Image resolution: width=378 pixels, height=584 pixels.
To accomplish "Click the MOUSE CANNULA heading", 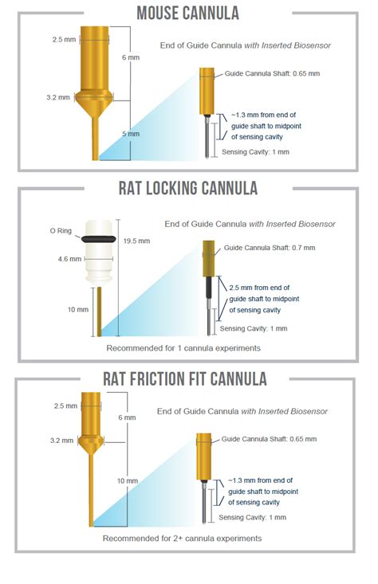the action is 188,13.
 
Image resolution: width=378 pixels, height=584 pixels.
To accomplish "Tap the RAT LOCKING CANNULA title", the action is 188,188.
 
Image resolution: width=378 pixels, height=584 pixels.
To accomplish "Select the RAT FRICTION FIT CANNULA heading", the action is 185,378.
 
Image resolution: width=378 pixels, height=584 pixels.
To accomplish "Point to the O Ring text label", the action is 61,231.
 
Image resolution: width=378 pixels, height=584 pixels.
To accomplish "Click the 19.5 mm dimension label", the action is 136,241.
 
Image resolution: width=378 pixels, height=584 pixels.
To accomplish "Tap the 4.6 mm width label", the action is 69,259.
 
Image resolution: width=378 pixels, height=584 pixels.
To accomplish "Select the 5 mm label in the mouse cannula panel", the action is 131,134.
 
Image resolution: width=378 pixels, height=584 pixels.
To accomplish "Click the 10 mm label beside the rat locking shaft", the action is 78,309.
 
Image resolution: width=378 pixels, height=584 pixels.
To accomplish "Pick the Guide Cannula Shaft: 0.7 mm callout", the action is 270,248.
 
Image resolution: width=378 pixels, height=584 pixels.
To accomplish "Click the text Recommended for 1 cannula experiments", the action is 183,348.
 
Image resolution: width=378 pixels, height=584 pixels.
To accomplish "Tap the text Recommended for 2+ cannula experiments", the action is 183,539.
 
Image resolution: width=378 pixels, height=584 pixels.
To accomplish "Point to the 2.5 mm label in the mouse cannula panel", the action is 64,40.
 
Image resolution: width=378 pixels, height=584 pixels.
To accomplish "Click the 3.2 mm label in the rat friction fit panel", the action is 62,441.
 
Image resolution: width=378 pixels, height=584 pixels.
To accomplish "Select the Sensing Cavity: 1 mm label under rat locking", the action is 254,328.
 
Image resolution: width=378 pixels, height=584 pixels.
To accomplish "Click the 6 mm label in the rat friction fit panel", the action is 127,417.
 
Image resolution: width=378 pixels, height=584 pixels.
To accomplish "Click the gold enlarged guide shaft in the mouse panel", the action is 207,91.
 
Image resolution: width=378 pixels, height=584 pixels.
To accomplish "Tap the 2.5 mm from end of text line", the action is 259,288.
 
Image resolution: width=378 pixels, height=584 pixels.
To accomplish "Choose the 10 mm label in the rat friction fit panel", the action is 128,481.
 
